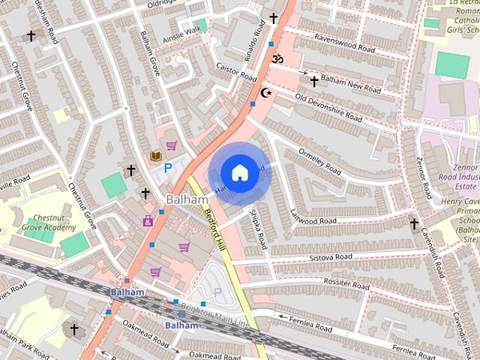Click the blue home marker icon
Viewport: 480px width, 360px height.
pyautogui.click(x=238, y=173)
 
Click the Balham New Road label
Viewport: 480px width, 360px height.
pyautogui.click(x=350, y=83)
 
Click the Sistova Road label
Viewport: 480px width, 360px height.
pyautogui.click(x=330, y=257)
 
